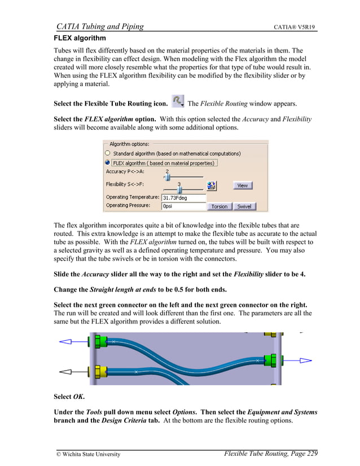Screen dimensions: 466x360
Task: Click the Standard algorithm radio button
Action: coord(108,153)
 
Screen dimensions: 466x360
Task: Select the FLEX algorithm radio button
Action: coord(108,162)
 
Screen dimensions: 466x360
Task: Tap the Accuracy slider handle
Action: coord(167,177)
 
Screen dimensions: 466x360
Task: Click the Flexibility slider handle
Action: coord(179,190)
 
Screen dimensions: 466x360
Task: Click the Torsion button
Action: coord(219,206)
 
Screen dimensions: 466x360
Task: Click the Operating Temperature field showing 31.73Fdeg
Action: coord(183,198)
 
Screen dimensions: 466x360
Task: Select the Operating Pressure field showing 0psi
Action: coord(183,206)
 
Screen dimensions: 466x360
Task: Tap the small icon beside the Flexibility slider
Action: coord(212,186)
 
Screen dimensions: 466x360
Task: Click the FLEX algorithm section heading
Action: coord(80,38)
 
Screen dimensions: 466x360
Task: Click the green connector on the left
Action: coord(102,341)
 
